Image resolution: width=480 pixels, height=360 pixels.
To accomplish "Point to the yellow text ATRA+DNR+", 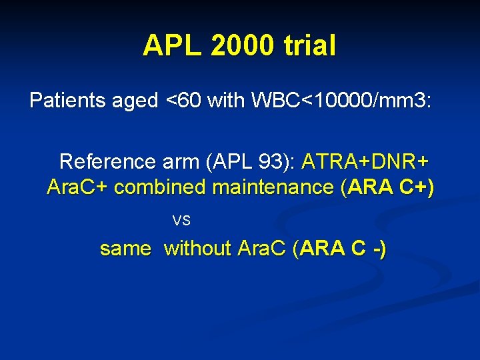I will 365,162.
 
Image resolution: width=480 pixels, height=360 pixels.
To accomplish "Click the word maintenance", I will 274,188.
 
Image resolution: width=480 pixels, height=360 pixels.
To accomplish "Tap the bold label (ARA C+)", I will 387,188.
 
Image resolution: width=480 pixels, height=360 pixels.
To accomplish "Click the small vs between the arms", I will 181,220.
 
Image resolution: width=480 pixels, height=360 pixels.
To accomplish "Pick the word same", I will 125,249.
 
